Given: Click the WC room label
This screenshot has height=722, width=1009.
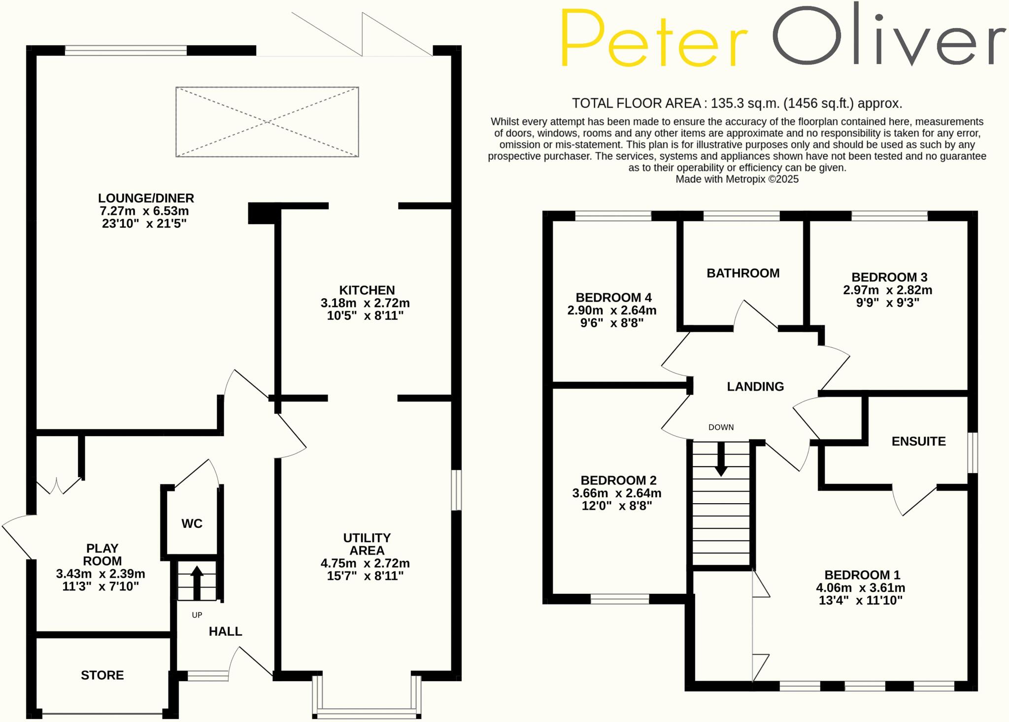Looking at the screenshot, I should click(192, 523).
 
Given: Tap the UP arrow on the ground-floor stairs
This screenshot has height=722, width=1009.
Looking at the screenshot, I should click(197, 582).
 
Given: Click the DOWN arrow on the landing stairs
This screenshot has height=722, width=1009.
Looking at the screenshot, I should click(721, 459).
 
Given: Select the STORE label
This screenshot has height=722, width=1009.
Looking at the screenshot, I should click(102, 675).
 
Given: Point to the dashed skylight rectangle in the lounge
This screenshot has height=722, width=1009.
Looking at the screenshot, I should click(267, 122).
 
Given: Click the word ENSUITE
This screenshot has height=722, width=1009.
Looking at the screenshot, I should click(918, 441).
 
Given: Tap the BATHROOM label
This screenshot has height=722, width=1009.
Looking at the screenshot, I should click(743, 273).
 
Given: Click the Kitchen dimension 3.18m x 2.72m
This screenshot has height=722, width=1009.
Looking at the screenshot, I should click(365, 303).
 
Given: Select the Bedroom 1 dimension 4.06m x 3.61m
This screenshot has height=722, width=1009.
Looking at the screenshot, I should click(860, 587).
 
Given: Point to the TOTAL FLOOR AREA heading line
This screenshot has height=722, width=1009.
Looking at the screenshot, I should click(737, 103).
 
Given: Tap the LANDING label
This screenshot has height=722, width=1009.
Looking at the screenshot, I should click(755, 386).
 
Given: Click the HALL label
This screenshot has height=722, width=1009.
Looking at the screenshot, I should click(225, 631).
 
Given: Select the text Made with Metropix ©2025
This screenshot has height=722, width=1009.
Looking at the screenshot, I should click(737, 179).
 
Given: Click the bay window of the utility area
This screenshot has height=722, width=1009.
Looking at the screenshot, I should click(367, 713).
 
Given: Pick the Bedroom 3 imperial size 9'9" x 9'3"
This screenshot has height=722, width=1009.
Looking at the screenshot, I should click(888, 303).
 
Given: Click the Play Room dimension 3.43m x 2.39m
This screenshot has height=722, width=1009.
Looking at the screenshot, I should click(101, 574).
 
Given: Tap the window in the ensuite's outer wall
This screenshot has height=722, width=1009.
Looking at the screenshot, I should click(973, 452).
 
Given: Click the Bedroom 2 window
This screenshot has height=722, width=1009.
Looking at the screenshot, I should click(620, 599).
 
